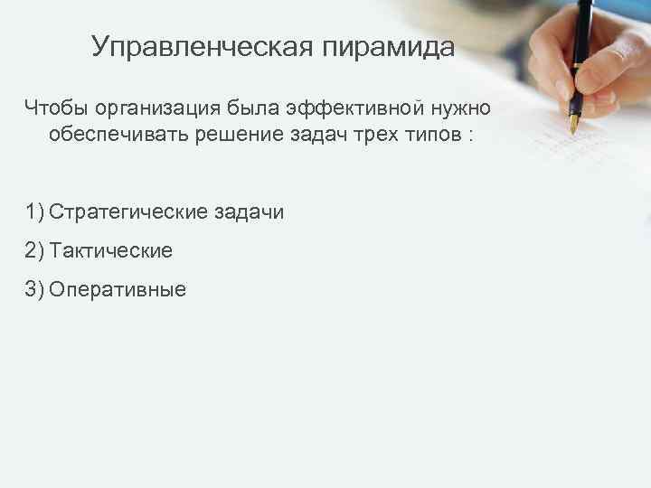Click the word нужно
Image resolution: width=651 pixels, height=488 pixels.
(461, 109)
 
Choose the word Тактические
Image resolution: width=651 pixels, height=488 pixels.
(111, 251)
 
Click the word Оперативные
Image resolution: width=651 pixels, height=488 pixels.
(118, 290)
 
